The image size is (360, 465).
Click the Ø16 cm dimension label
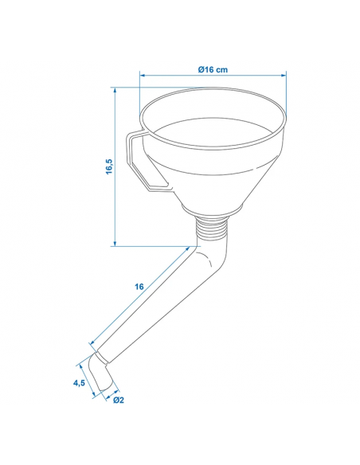(213, 70)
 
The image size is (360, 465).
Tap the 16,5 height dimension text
(109, 166)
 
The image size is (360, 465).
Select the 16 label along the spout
(139, 287)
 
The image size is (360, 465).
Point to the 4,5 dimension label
(79, 383)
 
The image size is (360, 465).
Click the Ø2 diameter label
(119, 400)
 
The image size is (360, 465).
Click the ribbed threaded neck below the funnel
(213, 227)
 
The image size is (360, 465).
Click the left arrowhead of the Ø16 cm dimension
(143, 76)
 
